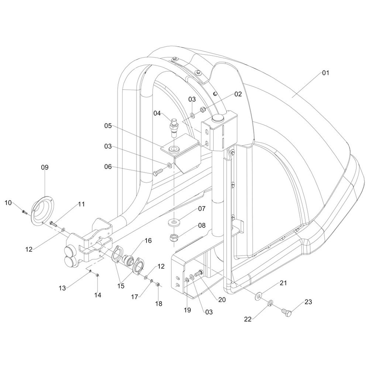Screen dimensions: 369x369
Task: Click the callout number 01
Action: click(325, 73)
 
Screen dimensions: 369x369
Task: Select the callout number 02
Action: click(238, 94)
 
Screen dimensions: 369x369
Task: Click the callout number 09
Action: click(45, 168)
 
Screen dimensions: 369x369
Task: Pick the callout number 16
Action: click(148, 241)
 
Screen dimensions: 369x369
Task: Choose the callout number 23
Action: click(308, 302)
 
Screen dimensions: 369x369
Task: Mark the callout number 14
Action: click(97, 295)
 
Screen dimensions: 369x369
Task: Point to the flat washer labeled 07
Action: click(173, 223)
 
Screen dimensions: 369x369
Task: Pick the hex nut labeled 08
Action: click(173, 237)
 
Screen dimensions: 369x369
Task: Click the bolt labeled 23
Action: click(287, 313)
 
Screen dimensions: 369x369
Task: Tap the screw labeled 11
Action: click(52, 223)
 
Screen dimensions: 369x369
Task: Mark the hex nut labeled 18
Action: click(158, 284)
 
